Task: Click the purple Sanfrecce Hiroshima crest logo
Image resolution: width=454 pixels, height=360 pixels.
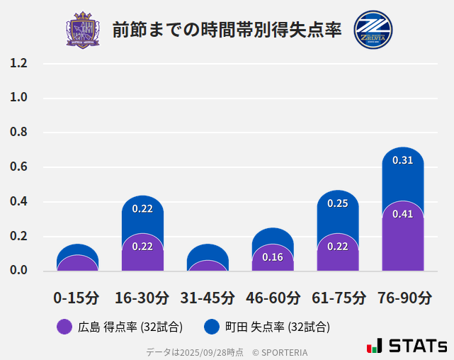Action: point(83,30)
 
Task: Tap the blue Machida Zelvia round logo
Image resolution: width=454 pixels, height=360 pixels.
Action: point(373,30)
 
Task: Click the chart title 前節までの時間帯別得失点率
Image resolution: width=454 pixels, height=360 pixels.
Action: point(227,30)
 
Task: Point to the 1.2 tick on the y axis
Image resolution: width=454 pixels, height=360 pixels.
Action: point(18,63)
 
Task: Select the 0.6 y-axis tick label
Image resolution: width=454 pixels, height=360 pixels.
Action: point(18,167)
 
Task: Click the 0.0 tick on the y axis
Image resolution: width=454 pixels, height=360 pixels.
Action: point(18,271)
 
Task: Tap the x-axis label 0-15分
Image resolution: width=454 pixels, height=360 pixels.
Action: point(76,298)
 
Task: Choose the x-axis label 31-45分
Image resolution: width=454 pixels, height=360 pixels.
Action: point(207,298)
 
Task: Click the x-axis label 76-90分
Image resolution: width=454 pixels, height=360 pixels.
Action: point(404,298)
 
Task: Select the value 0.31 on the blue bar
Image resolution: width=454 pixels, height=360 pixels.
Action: point(402,160)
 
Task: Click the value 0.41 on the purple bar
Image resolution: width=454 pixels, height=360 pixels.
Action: point(402,214)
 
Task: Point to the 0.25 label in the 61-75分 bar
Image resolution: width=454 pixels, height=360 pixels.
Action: point(338,203)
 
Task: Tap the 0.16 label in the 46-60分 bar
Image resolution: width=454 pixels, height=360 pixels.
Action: point(273,257)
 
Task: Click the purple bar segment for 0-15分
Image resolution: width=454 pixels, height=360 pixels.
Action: point(77,264)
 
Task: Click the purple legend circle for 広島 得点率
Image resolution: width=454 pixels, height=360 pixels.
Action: point(64,327)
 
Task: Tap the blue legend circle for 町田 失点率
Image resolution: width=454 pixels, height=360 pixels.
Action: point(211,327)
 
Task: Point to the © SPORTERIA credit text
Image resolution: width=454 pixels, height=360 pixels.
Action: point(280,352)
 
